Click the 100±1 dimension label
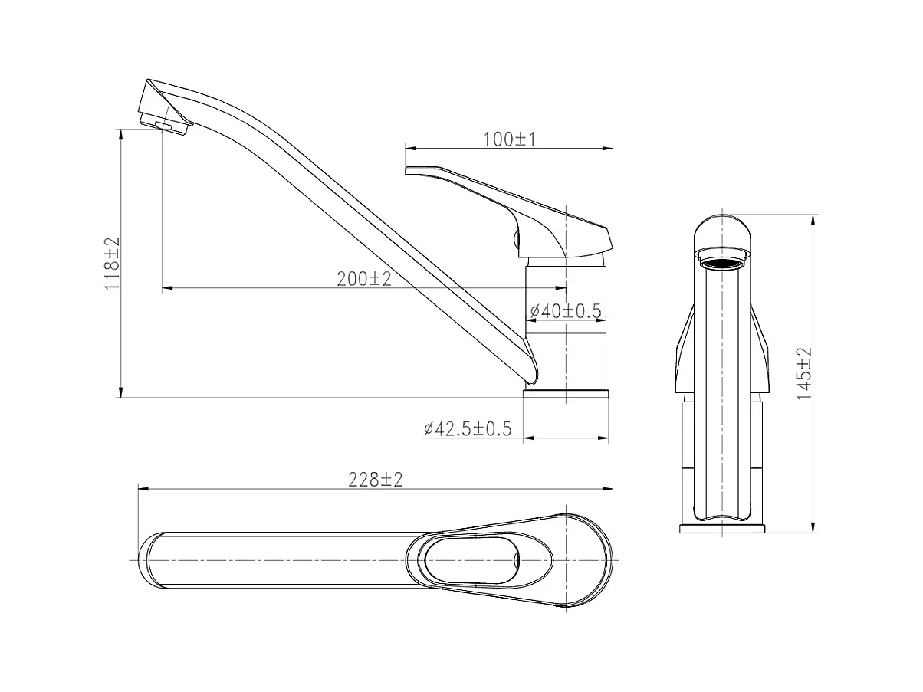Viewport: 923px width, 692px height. pos(510,139)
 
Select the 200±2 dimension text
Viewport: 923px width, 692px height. pos(364,279)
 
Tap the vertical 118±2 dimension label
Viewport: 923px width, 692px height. pos(112,263)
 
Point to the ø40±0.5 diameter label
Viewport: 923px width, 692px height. pos(566,311)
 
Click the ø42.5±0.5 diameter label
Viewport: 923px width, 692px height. pos(468,429)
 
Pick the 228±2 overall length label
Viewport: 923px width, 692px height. pos(376,480)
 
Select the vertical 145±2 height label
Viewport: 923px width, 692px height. pos(804,373)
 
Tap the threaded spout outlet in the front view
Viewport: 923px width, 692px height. pos(722,260)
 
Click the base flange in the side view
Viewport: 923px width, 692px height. pos(566,393)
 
